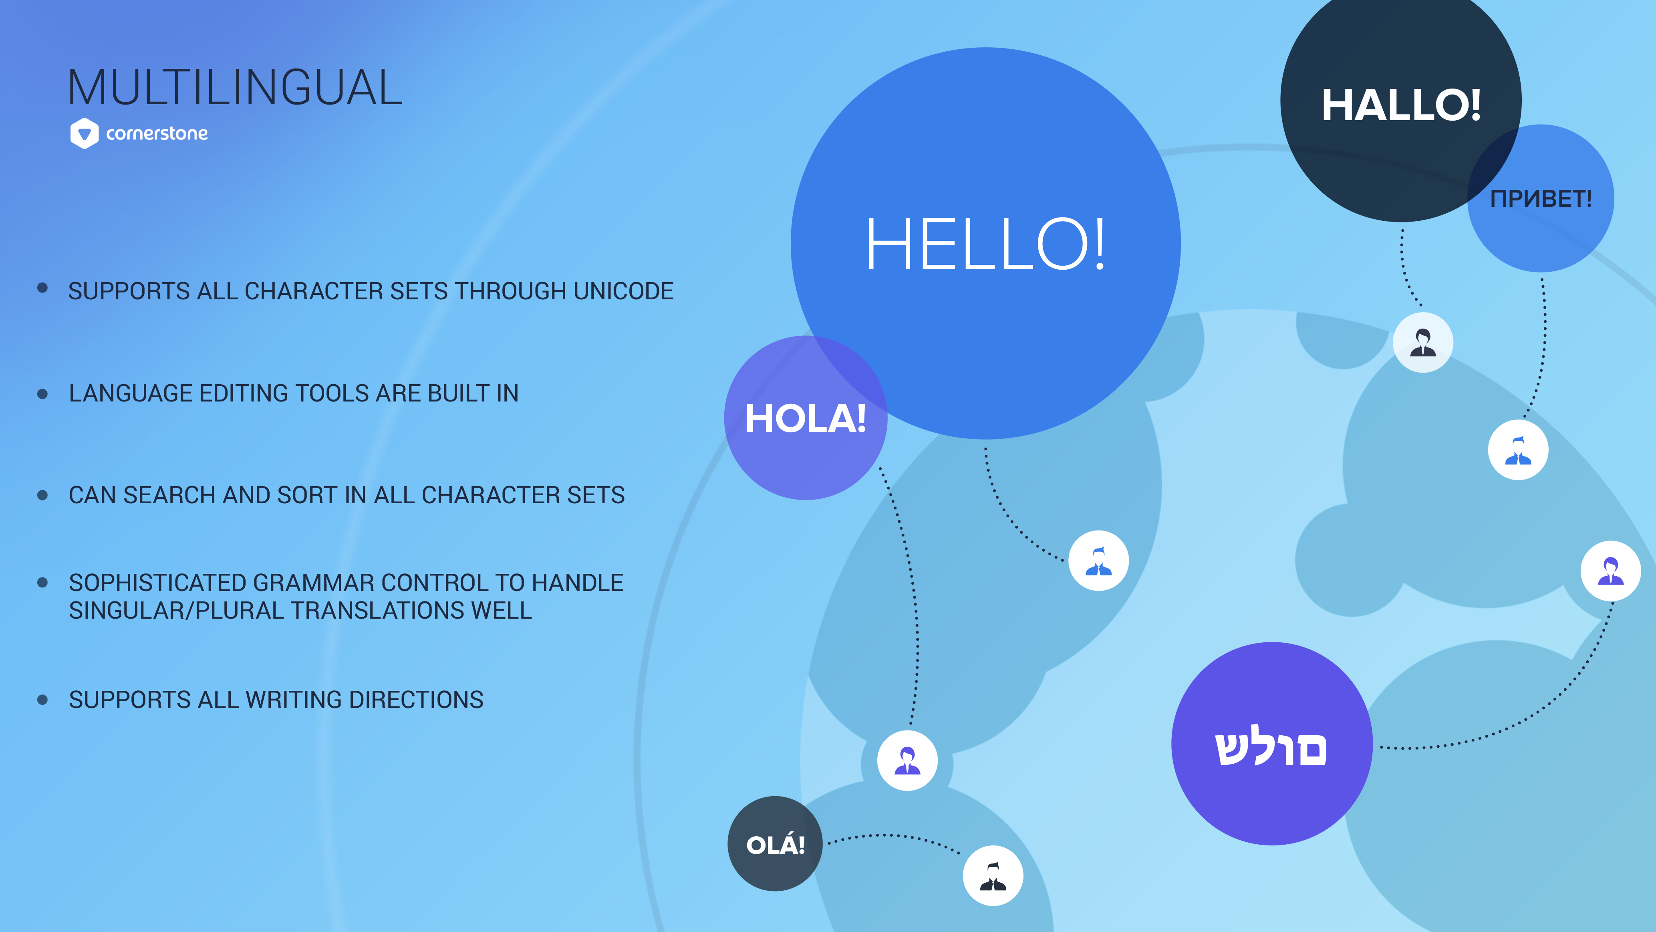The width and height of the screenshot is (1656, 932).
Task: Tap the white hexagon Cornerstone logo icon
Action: pyautogui.click(x=84, y=133)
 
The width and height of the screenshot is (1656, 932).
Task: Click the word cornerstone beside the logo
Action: pyautogui.click(x=157, y=133)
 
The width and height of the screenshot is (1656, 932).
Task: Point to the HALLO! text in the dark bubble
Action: pyautogui.click(x=1401, y=105)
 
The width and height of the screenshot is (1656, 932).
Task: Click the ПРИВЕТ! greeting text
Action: pyautogui.click(x=1541, y=199)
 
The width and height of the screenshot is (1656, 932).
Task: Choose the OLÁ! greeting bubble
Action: pyautogui.click(x=775, y=844)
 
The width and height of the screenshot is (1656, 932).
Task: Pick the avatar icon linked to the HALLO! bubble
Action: pyautogui.click(x=1422, y=342)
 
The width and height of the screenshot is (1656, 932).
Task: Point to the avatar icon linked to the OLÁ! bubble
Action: pyautogui.click(x=993, y=876)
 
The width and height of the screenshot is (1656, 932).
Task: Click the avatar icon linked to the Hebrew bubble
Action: pyautogui.click(x=1610, y=571)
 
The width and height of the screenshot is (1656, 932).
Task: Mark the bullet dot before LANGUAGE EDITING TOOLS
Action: pyautogui.click(x=42, y=393)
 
